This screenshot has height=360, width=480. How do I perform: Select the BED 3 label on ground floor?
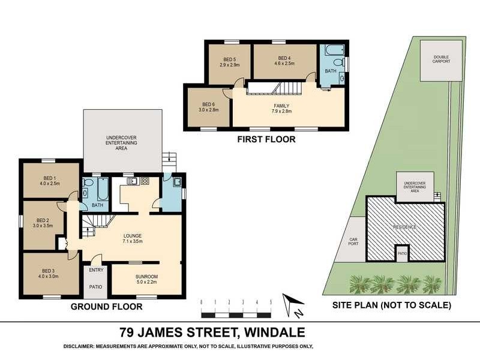pyautogui.click(x=49, y=271)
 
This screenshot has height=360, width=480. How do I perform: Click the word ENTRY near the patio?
pyautogui.click(x=96, y=270)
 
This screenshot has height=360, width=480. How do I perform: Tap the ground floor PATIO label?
pyautogui.click(x=96, y=287)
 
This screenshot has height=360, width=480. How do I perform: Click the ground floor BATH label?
pyautogui.click(x=98, y=205)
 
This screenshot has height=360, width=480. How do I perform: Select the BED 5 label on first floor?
pyautogui.click(x=230, y=59)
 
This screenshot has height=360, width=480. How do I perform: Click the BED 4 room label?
pyautogui.click(x=284, y=58)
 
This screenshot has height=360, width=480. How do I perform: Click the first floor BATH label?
pyautogui.click(x=331, y=70)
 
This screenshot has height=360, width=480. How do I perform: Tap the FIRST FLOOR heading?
pyautogui.click(x=266, y=139)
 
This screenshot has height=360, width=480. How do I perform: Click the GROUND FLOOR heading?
pyautogui.click(x=106, y=307)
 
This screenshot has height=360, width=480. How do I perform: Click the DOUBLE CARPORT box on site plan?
pyautogui.click(x=441, y=59)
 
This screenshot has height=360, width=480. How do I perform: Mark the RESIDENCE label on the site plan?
pyautogui.click(x=404, y=227)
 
